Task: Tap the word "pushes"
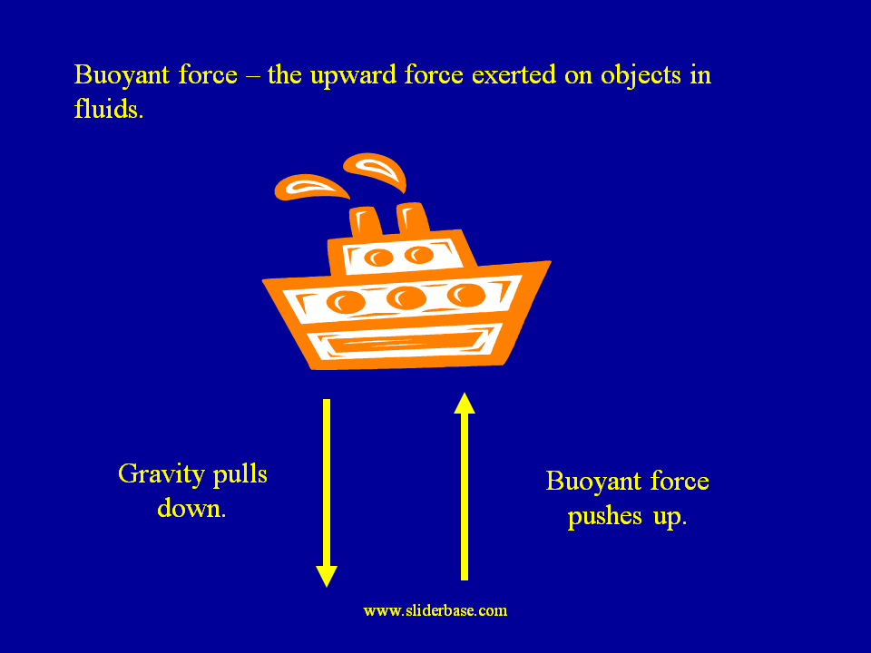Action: [x=602, y=519]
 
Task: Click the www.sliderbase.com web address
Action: [x=435, y=610]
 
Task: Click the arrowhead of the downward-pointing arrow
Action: [x=327, y=575]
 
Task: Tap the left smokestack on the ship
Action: [x=366, y=221]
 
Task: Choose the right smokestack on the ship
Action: [x=412, y=218]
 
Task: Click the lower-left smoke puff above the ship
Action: [x=312, y=187]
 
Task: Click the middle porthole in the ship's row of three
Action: [x=405, y=297]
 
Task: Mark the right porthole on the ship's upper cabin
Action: [x=418, y=255]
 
